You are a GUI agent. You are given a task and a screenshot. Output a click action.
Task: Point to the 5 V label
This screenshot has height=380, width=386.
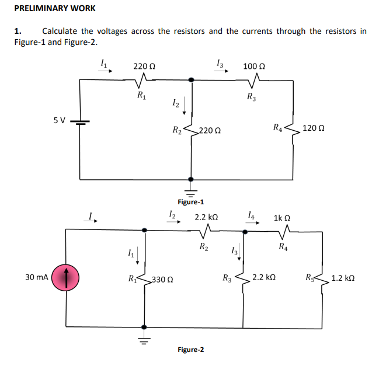pyautogui.click(x=59, y=120)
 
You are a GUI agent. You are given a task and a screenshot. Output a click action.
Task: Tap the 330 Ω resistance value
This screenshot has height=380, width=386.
pyautogui.click(x=162, y=280)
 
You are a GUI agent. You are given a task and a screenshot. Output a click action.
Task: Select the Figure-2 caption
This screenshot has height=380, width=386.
pyautogui.click(x=190, y=350)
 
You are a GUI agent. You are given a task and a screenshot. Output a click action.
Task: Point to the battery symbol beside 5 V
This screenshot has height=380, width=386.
pyautogui.click(x=79, y=122)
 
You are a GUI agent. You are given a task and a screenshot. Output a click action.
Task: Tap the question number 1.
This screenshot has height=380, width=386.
pyautogui.click(x=18, y=31)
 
